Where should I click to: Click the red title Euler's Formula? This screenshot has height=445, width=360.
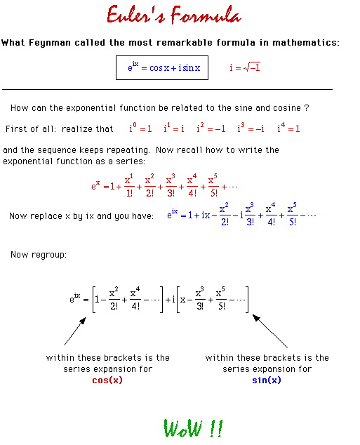pyautogui.click(x=174, y=14)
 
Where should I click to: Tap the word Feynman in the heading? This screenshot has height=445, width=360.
pyautogui.click(x=50, y=43)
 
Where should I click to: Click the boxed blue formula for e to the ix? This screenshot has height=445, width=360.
pyautogui.click(x=164, y=67)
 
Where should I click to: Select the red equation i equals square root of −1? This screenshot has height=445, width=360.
pyautogui.click(x=245, y=67)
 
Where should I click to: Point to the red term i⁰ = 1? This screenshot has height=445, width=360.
pyautogui.click(x=140, y=128)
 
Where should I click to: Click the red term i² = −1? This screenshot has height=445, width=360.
pyautogui.click(x=211, y=128)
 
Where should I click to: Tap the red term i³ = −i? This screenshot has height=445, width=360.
pyautogui.click(x=251, y=128)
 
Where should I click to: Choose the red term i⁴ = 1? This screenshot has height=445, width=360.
pyautogui.click(x=288, y=128)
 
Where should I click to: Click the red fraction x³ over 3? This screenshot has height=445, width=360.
pyautogui.click(x=171, y=185)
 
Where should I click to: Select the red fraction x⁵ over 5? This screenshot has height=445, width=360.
pyautogui.click(x=213, y=185)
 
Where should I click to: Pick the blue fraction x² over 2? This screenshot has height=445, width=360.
pyautogui.click(x=225, y=214)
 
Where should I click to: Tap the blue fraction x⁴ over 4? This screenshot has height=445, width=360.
pyautogui.click(x=271, y=214)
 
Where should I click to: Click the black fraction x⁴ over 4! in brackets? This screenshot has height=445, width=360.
pyautogui.click(x=135, y=298)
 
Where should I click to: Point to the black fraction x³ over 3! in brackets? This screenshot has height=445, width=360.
pyautogui.click(x=200, y=298)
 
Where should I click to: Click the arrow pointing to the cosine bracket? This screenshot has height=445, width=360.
pyautogui.click(x=75, y=331)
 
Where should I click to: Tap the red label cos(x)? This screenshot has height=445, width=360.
pyautogui.click(x=107, y=380)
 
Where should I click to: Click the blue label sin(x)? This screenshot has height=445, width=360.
pyautogui.click(x=267, y=380)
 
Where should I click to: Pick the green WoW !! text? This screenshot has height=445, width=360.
pyautogui.click(x=193, y=428)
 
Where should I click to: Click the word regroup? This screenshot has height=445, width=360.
pyautogui.click(x=49, y=255)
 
